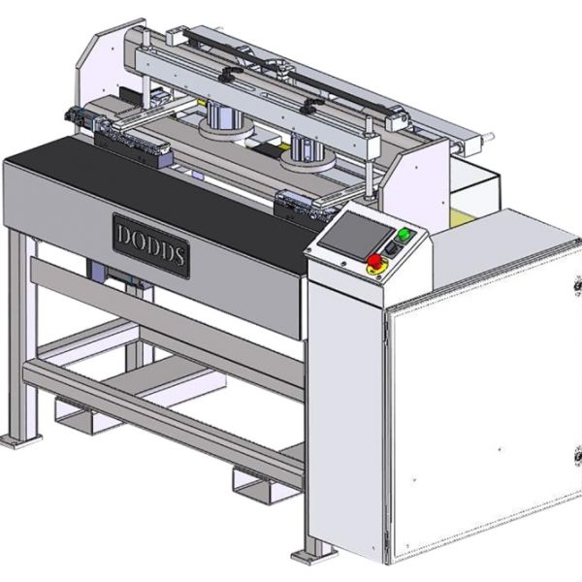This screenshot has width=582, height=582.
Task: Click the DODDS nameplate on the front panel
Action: pyautogui.click(x=151, y=245)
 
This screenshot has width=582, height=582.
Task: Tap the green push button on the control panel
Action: pyautogui.click(x=404, y=234)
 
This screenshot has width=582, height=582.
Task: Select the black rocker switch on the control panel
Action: pyautogui.click(x=391, y=248)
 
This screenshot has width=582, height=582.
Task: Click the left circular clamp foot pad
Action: pyautogui.click(x=226, y=131)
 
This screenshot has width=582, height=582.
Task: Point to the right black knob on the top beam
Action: pyautogui.click(x=310, y=105)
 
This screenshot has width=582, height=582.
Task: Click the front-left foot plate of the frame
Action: pyautogui.click(x=19, y=440)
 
